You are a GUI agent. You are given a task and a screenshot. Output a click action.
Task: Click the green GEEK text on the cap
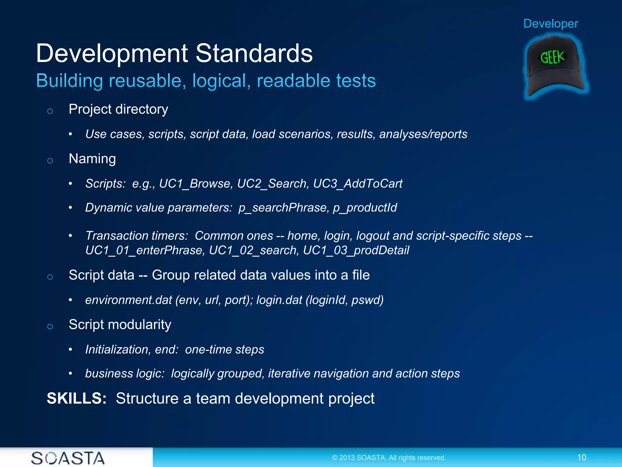[552, 57]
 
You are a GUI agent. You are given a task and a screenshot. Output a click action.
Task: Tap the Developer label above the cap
[551, 24]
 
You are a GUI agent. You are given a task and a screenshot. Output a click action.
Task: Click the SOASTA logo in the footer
[68, 458]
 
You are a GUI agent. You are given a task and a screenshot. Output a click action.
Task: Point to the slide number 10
[582, 457]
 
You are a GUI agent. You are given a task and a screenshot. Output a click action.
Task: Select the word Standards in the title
[254, 53]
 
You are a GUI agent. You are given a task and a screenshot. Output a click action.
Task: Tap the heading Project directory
[118, 109]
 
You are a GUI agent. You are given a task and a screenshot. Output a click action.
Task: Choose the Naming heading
[92, 159]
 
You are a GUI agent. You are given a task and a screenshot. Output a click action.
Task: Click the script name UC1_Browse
[196, 184]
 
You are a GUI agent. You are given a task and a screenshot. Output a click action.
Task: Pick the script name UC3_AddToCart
[357, 184]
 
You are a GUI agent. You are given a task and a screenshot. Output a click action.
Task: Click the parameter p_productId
[365, 208]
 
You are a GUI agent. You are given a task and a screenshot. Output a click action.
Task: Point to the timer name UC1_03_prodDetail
[356, 250]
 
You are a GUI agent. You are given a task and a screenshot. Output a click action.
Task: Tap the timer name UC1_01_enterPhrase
[145, 250]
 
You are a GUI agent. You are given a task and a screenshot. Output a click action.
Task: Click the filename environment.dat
[128, 300]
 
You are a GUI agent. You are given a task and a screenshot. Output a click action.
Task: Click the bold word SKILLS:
[77, 398]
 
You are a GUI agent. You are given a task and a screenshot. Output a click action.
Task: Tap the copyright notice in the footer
[389, 458]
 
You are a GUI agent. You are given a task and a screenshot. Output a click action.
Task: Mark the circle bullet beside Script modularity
[50, 327]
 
